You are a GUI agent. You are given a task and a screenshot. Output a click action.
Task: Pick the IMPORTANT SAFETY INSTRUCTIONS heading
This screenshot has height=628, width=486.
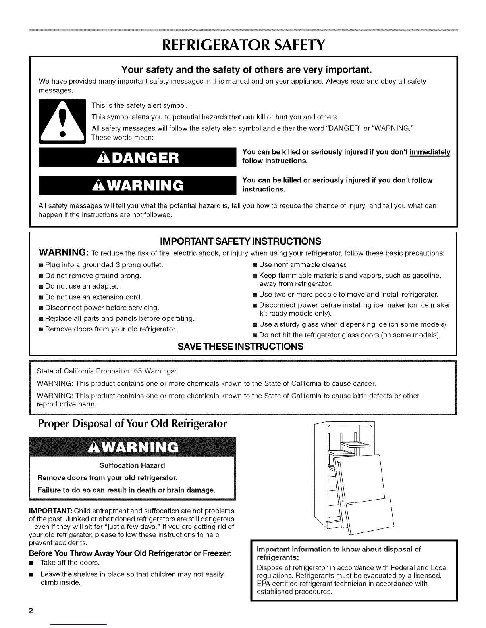(240, 241)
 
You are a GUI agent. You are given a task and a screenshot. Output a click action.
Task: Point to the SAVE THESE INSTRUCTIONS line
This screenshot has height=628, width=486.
(241, 347)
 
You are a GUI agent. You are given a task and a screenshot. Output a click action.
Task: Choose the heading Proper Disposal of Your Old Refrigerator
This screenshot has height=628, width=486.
(132, 424)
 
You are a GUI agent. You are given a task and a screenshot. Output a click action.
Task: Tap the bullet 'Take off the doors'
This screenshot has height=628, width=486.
(70, 563)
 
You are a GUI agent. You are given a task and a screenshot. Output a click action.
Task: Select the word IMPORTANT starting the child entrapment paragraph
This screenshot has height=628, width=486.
(50, 511)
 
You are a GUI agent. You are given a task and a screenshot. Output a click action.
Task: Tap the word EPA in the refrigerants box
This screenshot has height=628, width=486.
(264, 583)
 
